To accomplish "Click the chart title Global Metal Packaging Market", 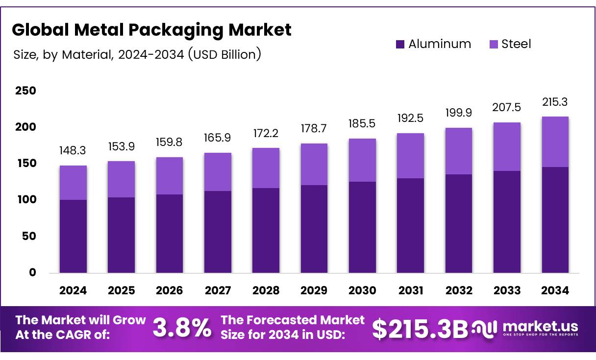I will coord(151,30).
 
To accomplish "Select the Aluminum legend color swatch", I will coord(400,44).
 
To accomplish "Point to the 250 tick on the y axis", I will coord(25,91).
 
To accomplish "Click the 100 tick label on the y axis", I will coord(25,200).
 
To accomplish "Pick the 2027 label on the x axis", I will coord(218,290).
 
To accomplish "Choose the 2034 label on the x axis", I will coord(555,290).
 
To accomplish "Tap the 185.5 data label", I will coord(362,124).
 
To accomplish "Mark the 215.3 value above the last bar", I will coord(555,102).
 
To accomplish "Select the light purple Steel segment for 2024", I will coord(73,183).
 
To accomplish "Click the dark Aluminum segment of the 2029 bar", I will coord(314,229).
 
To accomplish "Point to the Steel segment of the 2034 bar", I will coord(555,142).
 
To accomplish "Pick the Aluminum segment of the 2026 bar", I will coord(170,234).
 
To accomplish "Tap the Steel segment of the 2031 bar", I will coord(411,156).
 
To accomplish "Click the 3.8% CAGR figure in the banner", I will coord(182,328).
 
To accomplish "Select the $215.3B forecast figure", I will coord(420,329).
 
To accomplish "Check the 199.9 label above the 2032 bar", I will coord(459,113).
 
